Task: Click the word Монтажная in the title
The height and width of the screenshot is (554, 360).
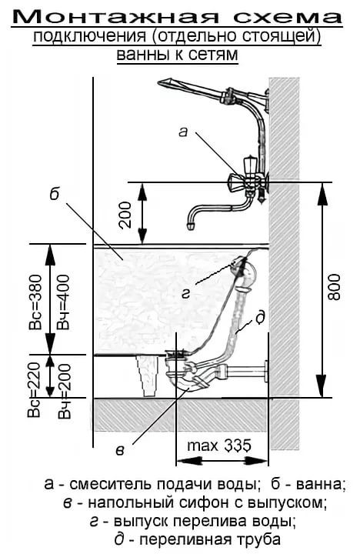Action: coord(118,16)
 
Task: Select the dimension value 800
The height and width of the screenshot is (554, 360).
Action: coord(334,286)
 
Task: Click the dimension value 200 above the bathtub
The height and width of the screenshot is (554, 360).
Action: coord(125,215)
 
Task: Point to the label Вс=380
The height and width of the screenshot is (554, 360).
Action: coord(35,302)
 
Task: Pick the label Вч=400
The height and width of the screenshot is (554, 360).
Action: coord(64,302)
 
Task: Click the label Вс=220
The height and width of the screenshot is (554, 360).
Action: coord(35,389)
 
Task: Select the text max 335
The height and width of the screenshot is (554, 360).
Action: coord(219,446)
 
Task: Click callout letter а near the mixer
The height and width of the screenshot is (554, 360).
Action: coord(183,132)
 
